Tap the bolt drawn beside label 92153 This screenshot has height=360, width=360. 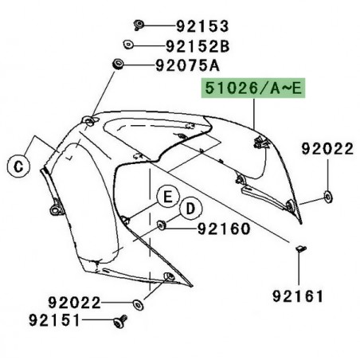tap(138, 23)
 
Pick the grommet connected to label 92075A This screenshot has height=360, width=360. tap(118, 63)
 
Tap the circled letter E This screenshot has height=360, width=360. tap(167, 195)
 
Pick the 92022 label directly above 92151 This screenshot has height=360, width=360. tap(72, 303)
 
